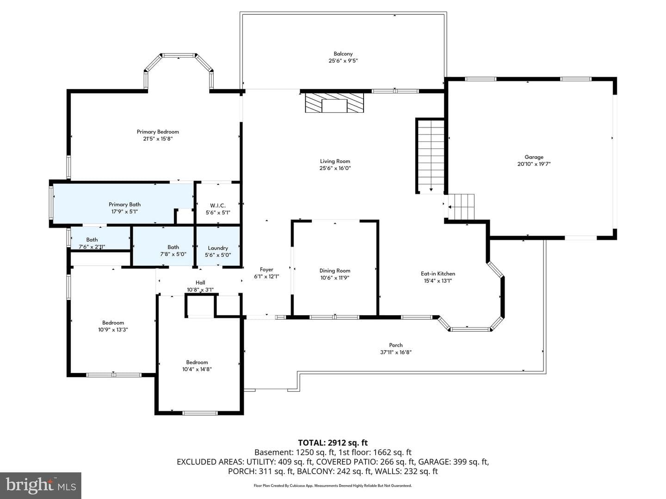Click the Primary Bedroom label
point(158,132)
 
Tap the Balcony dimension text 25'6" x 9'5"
point(343,61)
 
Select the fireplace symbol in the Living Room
point(334,103)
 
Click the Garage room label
point(534,157)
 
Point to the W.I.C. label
point(218,206)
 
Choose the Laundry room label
point(218,248)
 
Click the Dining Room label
point(335,271)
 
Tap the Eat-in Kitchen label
point(438,274)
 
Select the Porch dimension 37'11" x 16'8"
point(395,352)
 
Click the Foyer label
point(266,269)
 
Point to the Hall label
point(200,283)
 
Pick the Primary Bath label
point(124,205)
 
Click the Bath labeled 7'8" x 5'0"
point(173,247)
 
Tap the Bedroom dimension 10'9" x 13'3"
point(113,329)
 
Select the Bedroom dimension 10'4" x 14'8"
point(197,369)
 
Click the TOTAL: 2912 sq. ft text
point(333,443)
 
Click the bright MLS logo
point(41,486)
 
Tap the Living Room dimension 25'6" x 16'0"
point(335,168)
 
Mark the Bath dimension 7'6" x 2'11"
point(92,247)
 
